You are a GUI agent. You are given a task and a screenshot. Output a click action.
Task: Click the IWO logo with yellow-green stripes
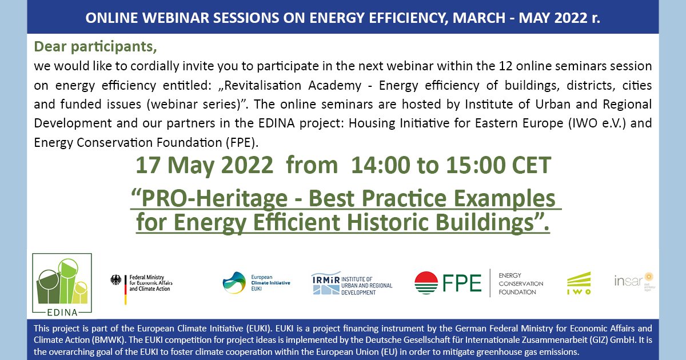tap(579, 283)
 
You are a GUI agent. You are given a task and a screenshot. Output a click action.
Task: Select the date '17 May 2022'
tap(204, 166)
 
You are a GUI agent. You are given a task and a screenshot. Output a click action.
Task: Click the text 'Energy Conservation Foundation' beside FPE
tap(521, 283)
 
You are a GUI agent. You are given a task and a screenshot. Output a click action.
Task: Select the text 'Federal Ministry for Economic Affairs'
tap(150, 278)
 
